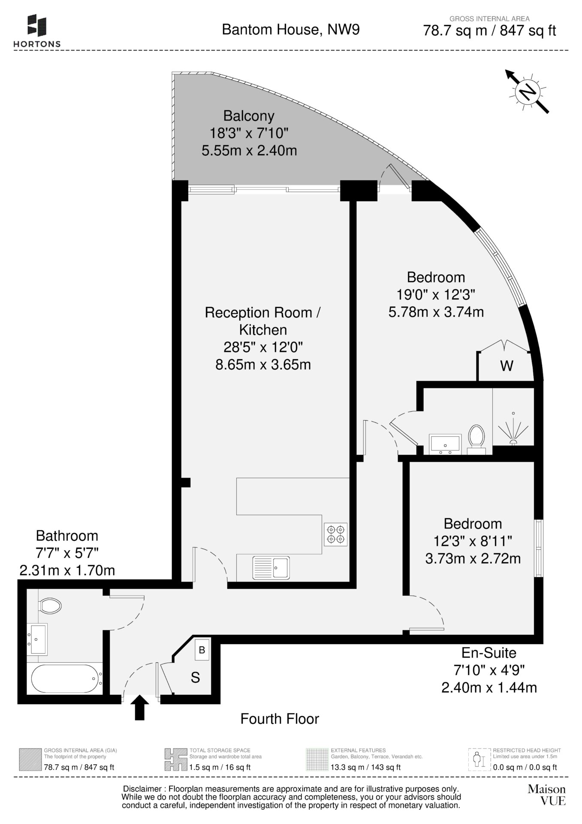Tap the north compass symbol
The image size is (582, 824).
pos(527,91)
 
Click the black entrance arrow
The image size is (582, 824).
pos(140,708)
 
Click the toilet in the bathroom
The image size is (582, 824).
pos(50,606)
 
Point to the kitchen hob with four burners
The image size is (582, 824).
pos(336,534)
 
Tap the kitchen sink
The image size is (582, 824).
pos(271,567)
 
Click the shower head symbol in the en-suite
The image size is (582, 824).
pos(513,430)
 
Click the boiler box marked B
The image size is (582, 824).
pos(202,650)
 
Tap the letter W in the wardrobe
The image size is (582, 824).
pos(507,366)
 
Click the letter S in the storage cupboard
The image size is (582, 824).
pos(195,678)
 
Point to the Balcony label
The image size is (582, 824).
pos(249,116)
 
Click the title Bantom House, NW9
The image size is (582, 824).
pos(291,29)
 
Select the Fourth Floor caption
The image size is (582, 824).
pos(280,719)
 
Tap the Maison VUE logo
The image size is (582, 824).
pos(547,795)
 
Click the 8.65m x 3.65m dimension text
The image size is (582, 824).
pos(263,365)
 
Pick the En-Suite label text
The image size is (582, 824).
pos(489,653)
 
